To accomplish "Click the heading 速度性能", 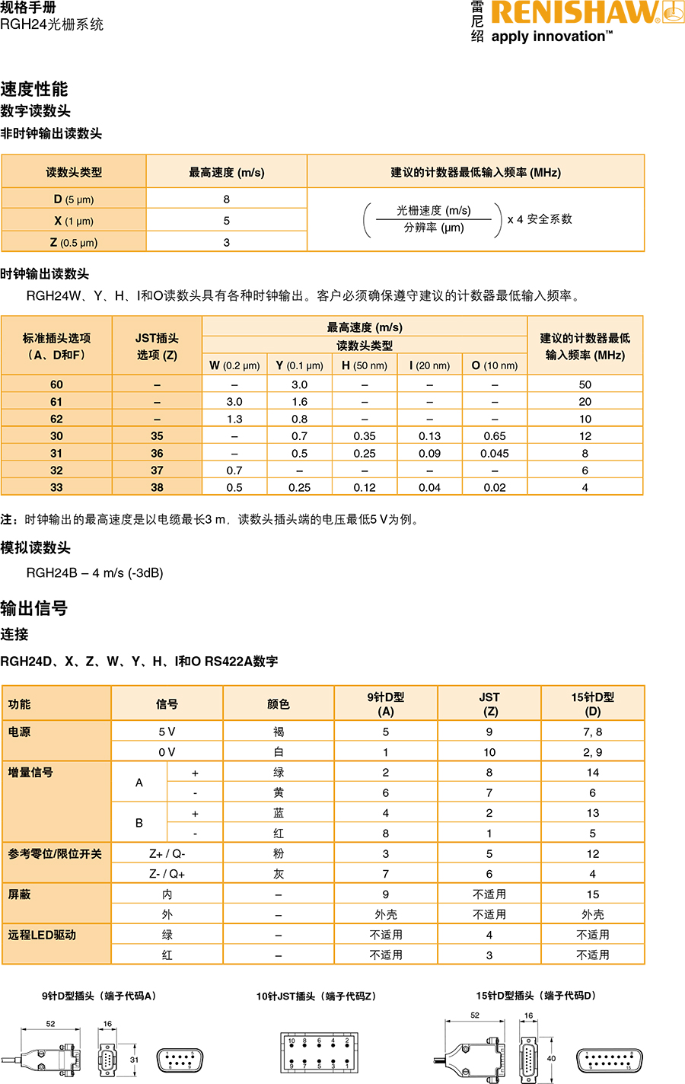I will click(34, 89).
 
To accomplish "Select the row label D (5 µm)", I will click(74, 199).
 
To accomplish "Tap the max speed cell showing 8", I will click(226, 199).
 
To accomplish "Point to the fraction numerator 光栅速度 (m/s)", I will click(433, 210).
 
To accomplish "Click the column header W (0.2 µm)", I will click(234, 365).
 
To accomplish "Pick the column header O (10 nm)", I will click(495, 365).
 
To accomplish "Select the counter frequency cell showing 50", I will click(585, 384).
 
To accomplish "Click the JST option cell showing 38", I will click(157, 487).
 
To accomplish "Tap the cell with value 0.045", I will click(495, 453).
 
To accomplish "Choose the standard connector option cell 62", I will click(56, 419).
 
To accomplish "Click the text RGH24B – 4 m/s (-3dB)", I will click(95, 572).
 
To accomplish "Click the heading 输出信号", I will click(34, 608).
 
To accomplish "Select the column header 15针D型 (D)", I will click(592, 703).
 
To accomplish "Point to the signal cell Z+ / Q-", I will click(167, 853).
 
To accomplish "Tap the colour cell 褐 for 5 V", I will click(279, 732).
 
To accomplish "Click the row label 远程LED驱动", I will click(43, 935).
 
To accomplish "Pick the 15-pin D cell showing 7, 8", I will click(592, 732).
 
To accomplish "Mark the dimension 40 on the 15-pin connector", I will click(551, 1058).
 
